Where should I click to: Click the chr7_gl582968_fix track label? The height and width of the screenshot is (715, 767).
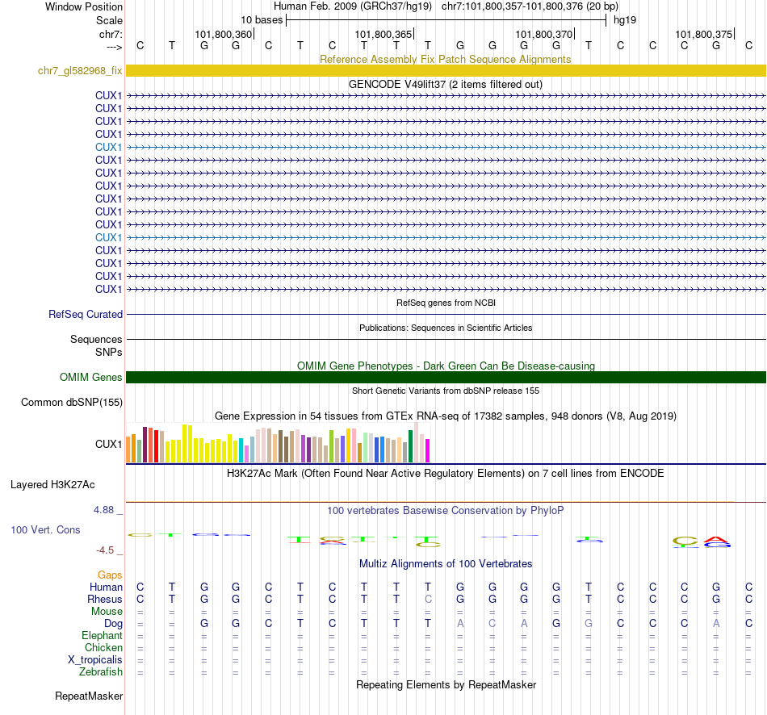pyautogui.click(x=80, y=71)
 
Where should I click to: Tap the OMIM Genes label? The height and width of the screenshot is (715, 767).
pyautogui.click(x=90, y=378)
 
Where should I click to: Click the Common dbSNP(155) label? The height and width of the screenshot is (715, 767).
pyautogui.click(x=72, y=402)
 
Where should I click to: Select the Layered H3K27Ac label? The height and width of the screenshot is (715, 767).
pyautogui.click(x=52, y=485)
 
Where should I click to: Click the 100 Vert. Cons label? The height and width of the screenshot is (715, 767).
pyautogui.click(x=45, y=529)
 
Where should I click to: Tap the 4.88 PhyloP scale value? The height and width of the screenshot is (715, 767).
pyautogui.click(x=108, y=510)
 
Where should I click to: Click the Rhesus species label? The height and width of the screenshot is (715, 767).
pyautogui.click(x=105, y=600)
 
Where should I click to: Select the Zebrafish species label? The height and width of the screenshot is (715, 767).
pyautogui.click(x=101, y=672)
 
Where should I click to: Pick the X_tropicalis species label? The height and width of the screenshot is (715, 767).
pyautogui.click(x=95, y=660)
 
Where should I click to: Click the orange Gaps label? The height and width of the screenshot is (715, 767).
pyautogui.click(x=110, y=575)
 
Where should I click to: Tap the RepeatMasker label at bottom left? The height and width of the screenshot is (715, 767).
pyautogui.click(x=89, y=696)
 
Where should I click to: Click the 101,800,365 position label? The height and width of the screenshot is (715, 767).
pyautogui.click(x=383, y=35)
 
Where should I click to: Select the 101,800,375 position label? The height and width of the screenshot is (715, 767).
pyautogui.click(x=703, y=35)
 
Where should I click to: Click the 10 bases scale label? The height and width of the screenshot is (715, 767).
pyautogui.click(x=262, y=19)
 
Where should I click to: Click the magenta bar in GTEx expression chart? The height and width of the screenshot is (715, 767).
pyautogui.click(x=427, y=450)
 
